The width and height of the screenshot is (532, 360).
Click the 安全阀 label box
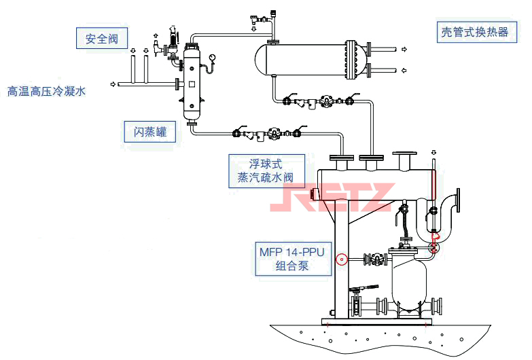pos(102,38)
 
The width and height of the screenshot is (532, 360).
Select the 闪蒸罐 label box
pos(150,131)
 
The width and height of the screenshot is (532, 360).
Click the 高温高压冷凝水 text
pos(47,90)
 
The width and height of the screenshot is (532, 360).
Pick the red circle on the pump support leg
pos(342,259)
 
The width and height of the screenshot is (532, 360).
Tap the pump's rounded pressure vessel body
pos(408,282)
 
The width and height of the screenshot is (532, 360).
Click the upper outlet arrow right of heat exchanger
pos(405,49)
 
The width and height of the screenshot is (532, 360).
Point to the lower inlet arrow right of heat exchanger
pos(405,70)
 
